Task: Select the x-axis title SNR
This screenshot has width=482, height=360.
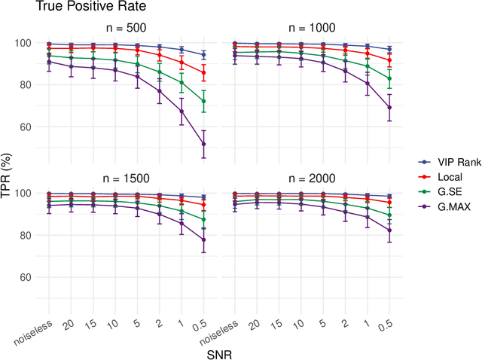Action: [220, 352]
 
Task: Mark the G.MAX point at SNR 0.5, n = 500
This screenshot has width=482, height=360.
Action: [203, 144]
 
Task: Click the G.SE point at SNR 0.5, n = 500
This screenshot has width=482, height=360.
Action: [203, 101]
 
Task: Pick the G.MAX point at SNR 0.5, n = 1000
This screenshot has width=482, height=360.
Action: [389, 107]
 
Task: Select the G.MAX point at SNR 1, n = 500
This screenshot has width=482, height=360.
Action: [182, 111]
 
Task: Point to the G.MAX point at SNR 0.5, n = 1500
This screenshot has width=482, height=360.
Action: [203, 239]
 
